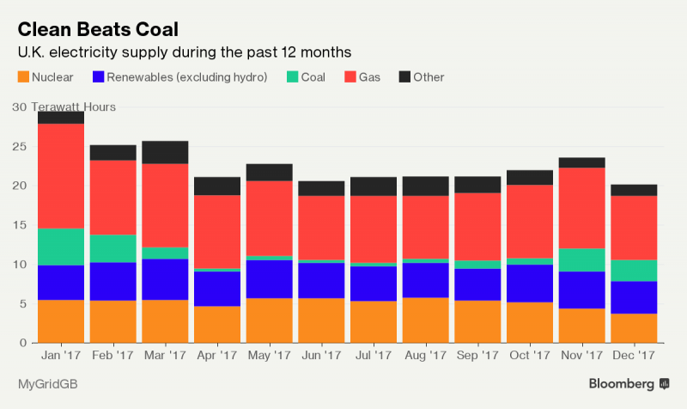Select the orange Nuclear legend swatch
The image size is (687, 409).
tap(23, 77)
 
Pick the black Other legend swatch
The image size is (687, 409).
tap(405, 77)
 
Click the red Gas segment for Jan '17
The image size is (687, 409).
tap(61, 176)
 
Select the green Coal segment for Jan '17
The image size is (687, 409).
tap(61, 247)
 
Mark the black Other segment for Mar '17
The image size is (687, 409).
tap(165, 152)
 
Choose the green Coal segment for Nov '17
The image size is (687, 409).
tap(582, 259)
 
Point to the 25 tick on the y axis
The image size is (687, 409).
tap(19, 147)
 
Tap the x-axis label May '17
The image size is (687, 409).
tap(269, 353)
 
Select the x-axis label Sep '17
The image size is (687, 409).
tap(477, 353)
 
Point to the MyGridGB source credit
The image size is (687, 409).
tap(47, 383)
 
